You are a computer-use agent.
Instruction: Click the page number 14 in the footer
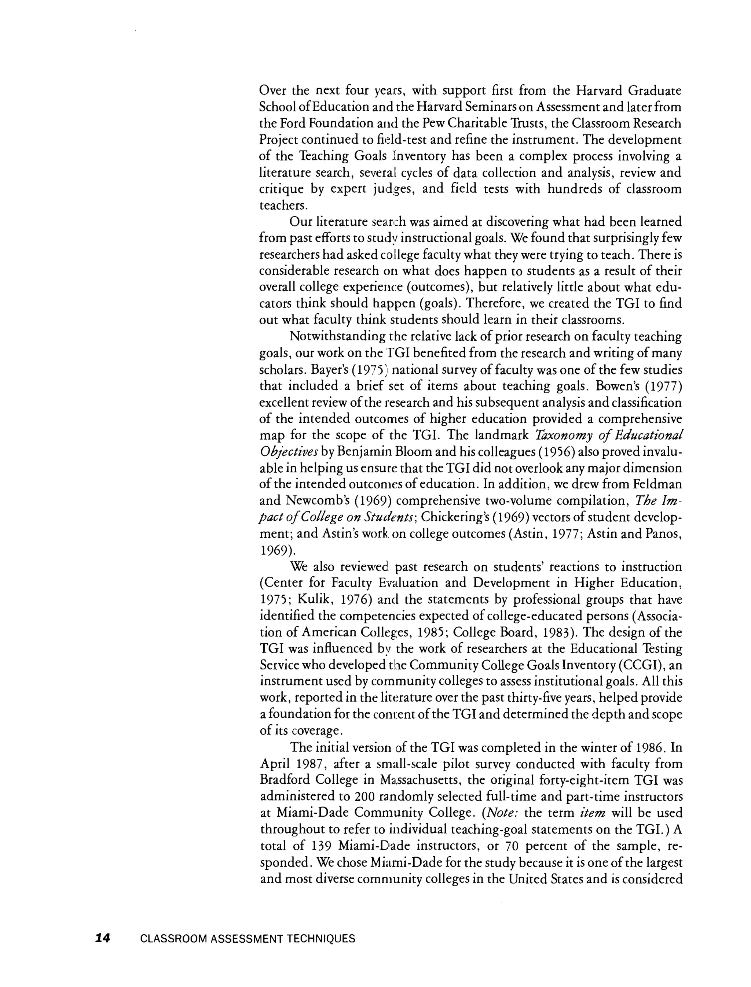click(x=102, y=938)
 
